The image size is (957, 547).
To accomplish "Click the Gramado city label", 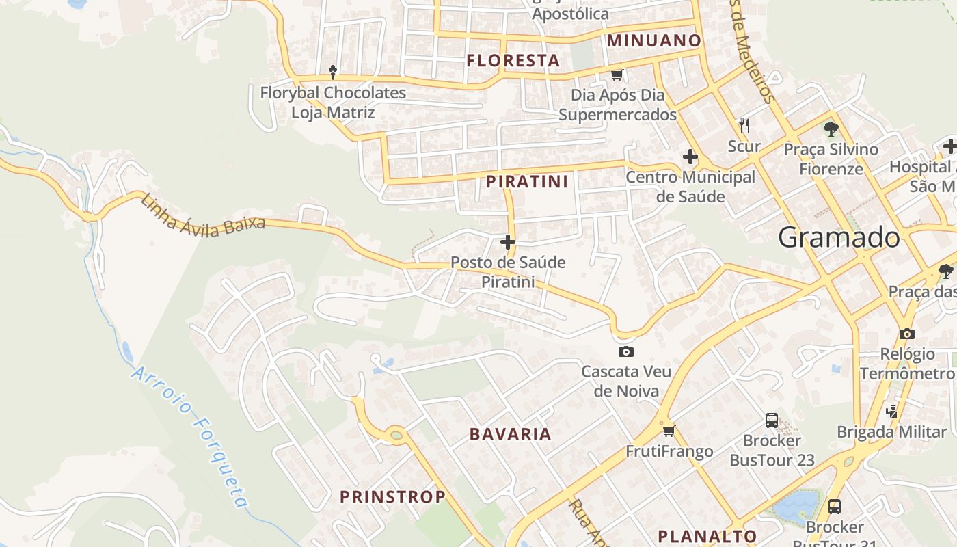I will click(839, 237).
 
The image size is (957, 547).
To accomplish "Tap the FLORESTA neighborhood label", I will click(513, 60).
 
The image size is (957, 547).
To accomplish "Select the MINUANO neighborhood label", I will click(654, 40).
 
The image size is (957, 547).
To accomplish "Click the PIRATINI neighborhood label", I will click(527, 181).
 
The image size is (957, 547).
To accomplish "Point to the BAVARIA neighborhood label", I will click(510, 433).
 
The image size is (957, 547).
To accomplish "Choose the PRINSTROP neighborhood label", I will click(392, 496).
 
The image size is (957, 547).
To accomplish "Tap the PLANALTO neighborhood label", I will click(707, 536).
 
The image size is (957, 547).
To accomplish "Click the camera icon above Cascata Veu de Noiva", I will click(625, 351).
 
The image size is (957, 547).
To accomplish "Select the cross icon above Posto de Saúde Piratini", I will click(508, 241).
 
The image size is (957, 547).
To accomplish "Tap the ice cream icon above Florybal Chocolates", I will click(333, 72).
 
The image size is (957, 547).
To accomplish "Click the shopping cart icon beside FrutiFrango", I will click(669, 430).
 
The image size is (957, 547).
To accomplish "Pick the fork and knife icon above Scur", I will click(744, 125).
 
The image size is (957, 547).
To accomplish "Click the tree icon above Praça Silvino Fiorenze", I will click(831, 128).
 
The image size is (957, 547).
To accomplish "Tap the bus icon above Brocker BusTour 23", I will click(772, 420).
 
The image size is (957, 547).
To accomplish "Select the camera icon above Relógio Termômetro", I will click(907, 334).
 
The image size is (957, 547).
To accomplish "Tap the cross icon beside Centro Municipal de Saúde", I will click(690, 157).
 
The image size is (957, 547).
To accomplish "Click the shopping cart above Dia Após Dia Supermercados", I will click(617, 75).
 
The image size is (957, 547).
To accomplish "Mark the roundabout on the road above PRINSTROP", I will click(396, 433).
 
